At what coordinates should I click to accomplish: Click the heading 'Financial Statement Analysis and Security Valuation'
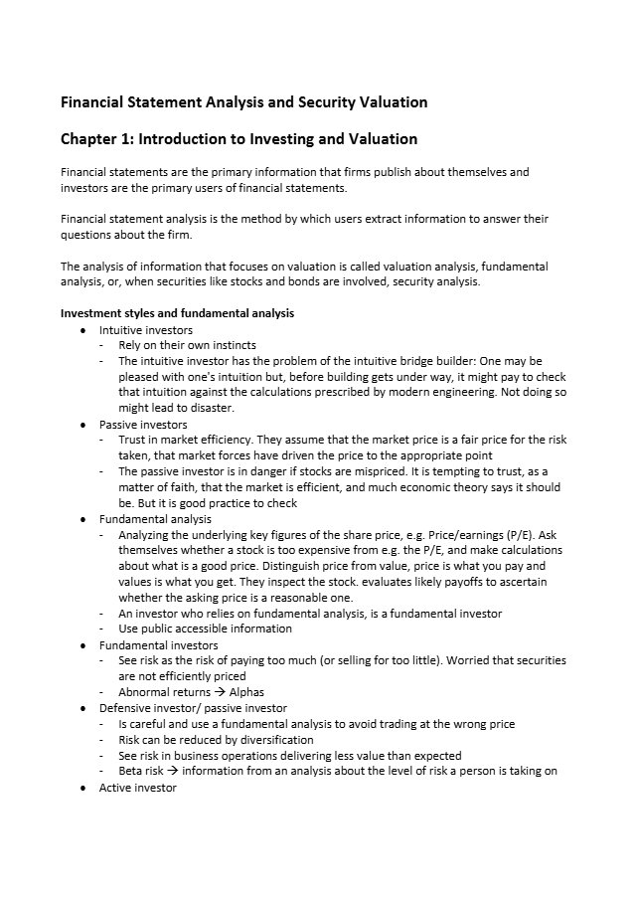tap(244, 102)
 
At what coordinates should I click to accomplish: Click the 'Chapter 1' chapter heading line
tap(238, 139)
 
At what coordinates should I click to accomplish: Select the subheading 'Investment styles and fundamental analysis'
tap(177, 313)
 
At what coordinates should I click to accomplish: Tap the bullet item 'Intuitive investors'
tap(145, 329)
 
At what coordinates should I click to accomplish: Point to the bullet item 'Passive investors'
tap(143, 424)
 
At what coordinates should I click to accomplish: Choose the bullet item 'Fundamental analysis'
tap(155, 518)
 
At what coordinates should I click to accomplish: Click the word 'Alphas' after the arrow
tap(246, 692)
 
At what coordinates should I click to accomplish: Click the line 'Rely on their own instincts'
tap(187, 345)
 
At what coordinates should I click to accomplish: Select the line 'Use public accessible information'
tap(205, 629)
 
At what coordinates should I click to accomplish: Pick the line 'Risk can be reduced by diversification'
tap(216, 740)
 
